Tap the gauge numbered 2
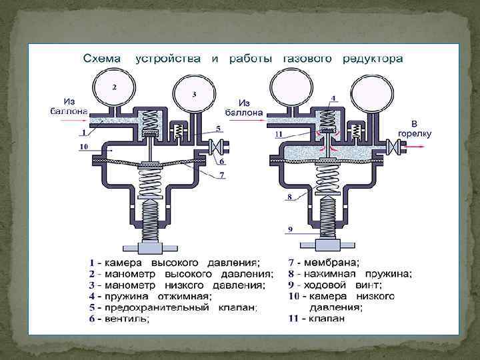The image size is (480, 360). coord(115,89)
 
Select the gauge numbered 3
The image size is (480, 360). coord(193,95)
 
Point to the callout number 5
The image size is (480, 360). coord(218,129)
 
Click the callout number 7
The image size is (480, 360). coord(222,175)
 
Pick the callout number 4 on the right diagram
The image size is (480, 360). coord(333,97)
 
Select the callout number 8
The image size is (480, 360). coord(290,197)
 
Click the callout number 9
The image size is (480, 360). coord(290,229)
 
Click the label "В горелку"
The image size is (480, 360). coord(414,129)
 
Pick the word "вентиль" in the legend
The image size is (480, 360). coord(126,319)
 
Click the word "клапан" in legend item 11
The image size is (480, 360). coord(326,319)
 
